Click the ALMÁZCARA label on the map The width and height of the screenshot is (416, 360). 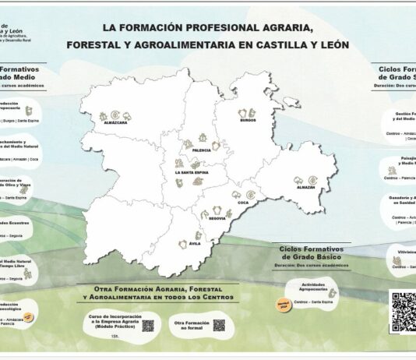(115, 122)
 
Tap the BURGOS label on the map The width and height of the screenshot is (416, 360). (248, 122)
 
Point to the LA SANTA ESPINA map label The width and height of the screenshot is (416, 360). (190, 172)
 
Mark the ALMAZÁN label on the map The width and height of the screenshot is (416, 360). (305, 187)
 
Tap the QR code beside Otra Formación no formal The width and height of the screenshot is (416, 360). (219, 324)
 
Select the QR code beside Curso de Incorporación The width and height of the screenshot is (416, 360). (148, 325)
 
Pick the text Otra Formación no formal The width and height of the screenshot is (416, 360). (190, 324)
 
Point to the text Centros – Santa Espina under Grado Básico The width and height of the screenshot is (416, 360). (315, 302)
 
